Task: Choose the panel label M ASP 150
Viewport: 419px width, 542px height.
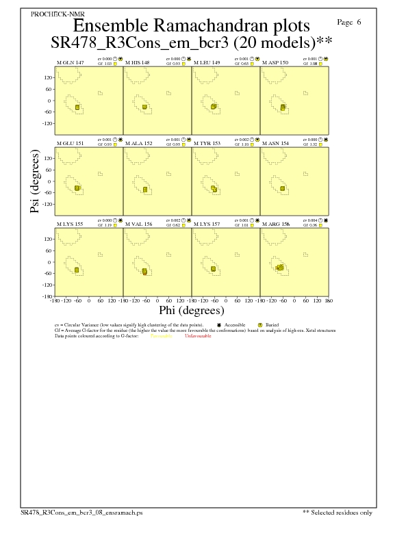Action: [276, 62]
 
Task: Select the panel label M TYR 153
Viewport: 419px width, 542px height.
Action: [207, 144]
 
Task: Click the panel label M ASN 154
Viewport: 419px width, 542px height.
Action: [276, 144]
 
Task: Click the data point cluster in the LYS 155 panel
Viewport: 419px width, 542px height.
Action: [77, 270]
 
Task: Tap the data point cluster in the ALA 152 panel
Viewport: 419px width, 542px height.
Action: [145, 189]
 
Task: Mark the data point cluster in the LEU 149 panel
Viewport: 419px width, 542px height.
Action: [214, 107]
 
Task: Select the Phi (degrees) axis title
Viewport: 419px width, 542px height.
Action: [192, 310]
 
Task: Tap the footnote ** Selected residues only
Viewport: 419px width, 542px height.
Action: [338, 511]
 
